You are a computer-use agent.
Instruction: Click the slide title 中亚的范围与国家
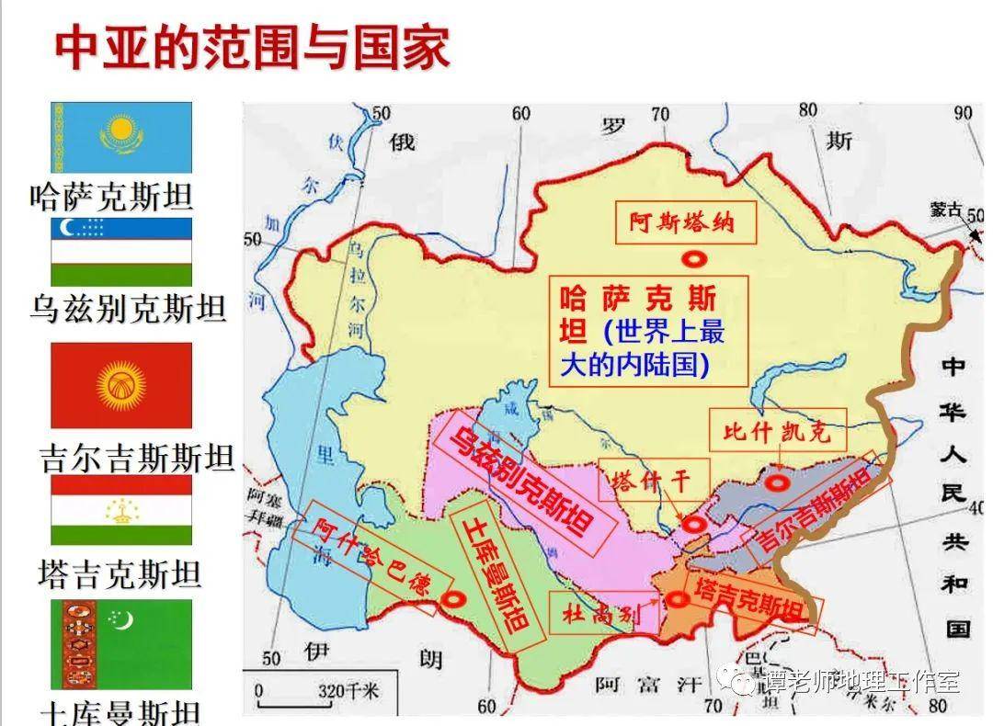[x=253, y=49]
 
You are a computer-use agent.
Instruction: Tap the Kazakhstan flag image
[x=121, y=137]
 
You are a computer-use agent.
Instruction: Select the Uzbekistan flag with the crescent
[x=121, y=251]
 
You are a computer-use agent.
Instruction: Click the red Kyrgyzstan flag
[x=121, y=385]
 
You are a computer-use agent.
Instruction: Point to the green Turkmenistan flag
[x=121, y=644]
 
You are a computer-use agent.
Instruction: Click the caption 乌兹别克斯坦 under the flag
[x=128, y=310]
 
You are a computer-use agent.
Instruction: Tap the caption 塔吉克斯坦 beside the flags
[x=120, y=574]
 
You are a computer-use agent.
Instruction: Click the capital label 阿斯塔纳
[x=681, y=221]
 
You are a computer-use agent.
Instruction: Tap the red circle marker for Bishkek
[x=779, y=481]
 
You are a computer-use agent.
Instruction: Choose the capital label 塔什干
[x=648, y=481]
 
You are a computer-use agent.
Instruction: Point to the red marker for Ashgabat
[x=451, y=599]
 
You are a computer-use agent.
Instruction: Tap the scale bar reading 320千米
[x=313, y=692]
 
